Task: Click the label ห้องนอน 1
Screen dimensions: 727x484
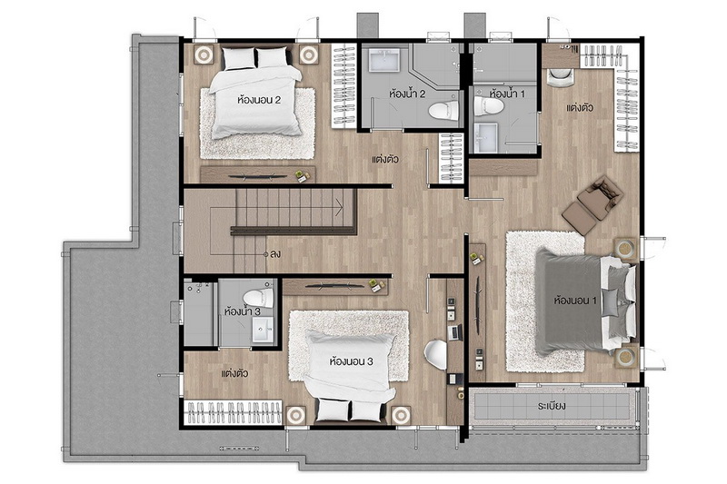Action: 575,301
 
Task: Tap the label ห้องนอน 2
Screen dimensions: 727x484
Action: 259,100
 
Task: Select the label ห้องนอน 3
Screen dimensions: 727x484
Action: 351,361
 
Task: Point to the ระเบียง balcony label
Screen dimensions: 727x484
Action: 552,407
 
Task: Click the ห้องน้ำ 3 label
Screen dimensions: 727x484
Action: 242,311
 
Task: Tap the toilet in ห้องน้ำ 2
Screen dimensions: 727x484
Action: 443,111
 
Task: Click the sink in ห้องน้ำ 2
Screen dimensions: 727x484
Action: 383,61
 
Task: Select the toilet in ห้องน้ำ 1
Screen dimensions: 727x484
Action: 489,106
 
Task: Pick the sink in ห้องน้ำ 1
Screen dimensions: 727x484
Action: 485,137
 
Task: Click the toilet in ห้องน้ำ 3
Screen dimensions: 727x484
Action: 257,297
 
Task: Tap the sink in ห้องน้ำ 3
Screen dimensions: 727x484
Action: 263,330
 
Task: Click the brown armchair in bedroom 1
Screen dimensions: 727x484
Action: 593,202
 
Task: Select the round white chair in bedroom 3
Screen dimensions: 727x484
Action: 436,355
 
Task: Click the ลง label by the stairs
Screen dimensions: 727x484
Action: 275,254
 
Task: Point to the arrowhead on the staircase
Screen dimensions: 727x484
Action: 339,204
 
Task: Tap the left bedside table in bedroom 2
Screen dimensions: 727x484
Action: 203,55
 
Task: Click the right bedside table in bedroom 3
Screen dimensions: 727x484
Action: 402,416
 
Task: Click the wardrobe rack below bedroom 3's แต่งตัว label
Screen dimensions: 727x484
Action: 234,411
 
